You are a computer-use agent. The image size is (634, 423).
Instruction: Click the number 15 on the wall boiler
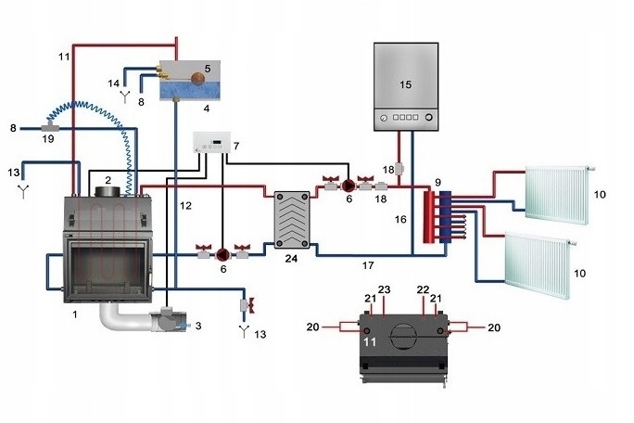[405, 84]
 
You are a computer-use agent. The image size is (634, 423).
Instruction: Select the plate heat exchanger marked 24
[293, 220]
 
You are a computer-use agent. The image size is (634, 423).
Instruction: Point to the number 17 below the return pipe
[368, 266]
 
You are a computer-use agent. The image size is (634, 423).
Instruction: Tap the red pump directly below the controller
[222, 250]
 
